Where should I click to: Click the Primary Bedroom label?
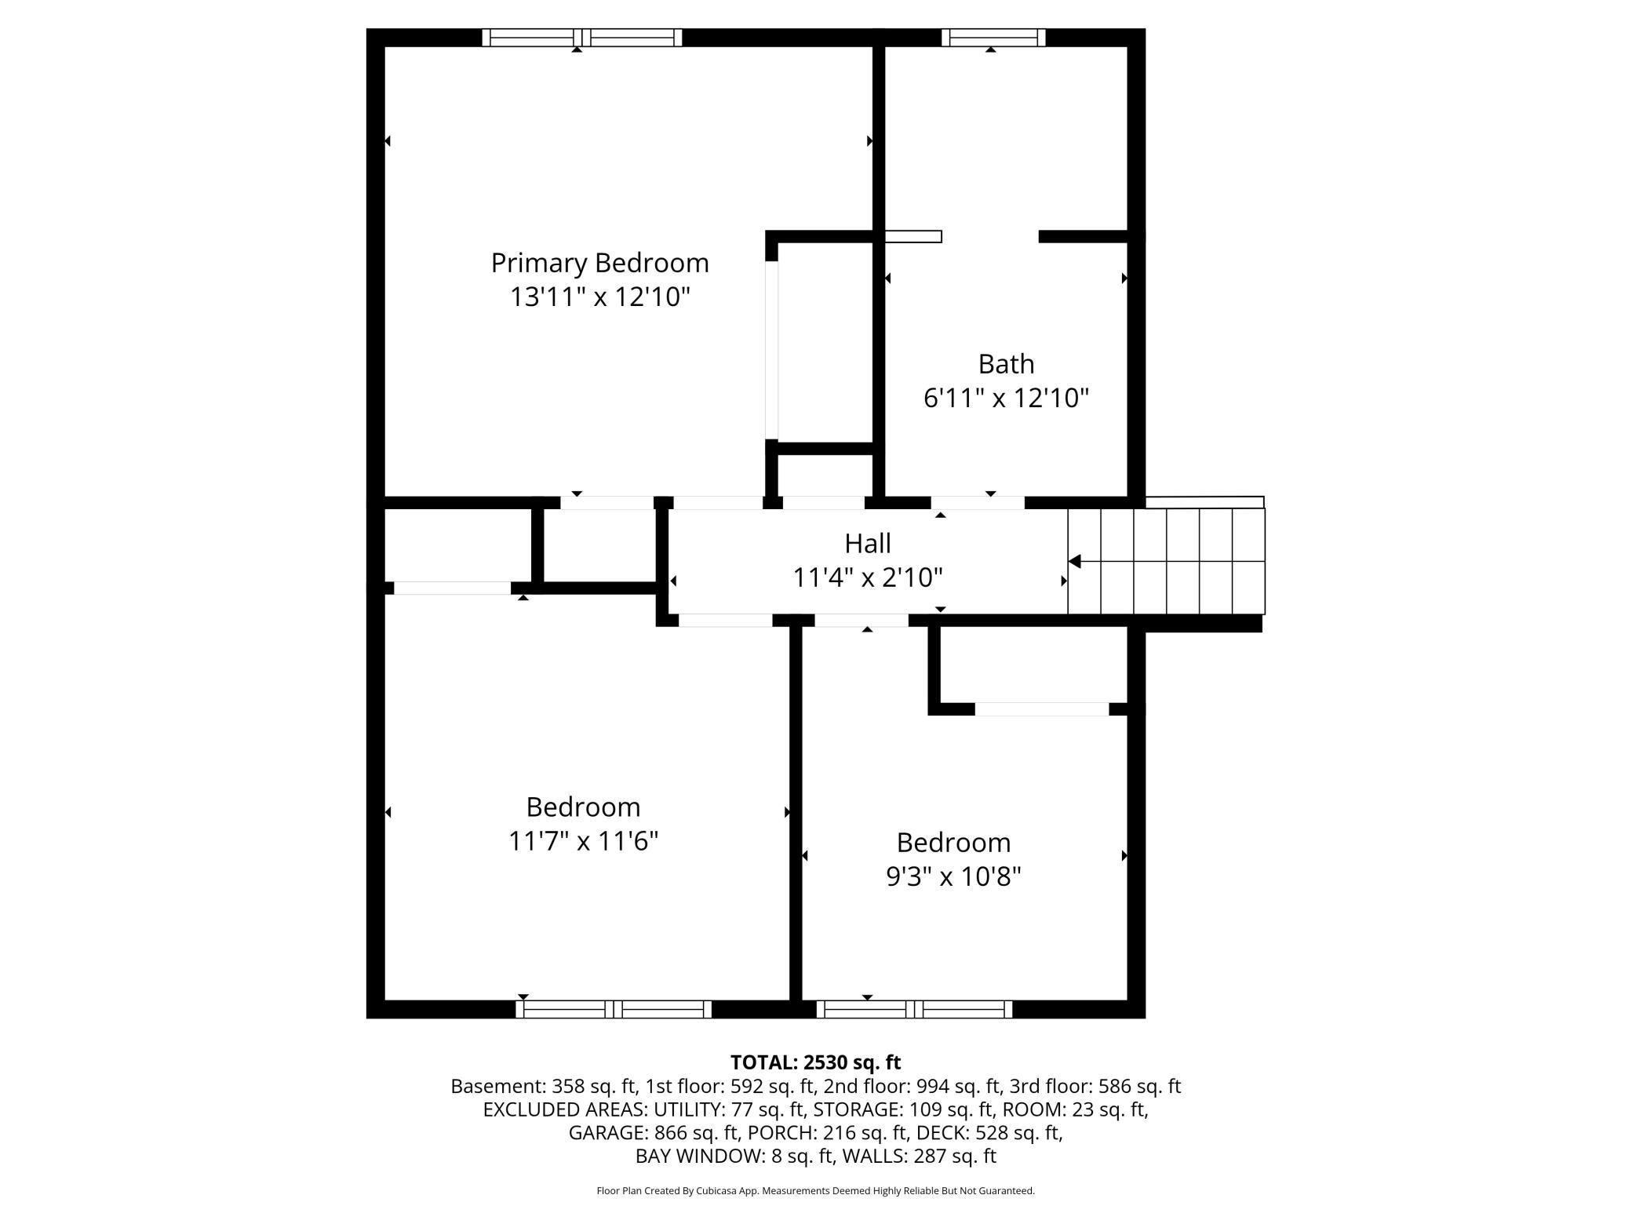click(x=600, y=263)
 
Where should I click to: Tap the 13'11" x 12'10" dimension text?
click(x=600, y=297)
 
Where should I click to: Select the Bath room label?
click(x=1006, y=364)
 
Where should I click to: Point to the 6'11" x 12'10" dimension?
click(x=1006, y=399)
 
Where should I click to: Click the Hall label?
click(x=868, y=543)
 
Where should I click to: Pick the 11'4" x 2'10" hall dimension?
click(x=868, y=578)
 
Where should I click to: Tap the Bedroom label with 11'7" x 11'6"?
click(x=583, y=807)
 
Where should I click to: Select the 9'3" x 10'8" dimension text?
click(x=953, y=876)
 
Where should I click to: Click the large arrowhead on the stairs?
click(x=1075, y=561)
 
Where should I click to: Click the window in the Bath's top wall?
click(x=993, y=38)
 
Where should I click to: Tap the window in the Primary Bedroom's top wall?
click(x=581, y=38)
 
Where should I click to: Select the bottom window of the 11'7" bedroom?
click(x=614, y=1009)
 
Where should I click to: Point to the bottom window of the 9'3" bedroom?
click(x=914, y=1009)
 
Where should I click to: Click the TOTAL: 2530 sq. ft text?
click(x=815, y=1062)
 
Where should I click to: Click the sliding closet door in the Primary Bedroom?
click(x=772, y=350)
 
